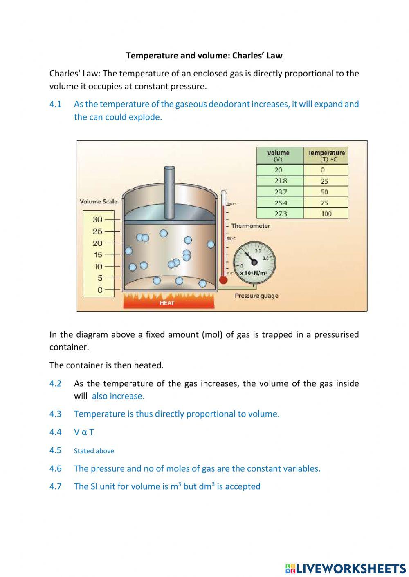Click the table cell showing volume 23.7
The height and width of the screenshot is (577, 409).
pyautogui.click(x=280, y=192)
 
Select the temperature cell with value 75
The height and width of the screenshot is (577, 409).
pyautogui.click(x=326, y=203)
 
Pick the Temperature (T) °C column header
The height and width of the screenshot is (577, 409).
pyautogui.click(x=326, y=156)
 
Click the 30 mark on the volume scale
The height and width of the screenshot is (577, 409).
pyautogui.click(x=97, y=219)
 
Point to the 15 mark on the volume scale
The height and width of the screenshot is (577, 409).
pyautogui.click(x=97, y=254)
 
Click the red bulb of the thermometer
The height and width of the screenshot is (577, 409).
pyautogui.click(x=223, y=280)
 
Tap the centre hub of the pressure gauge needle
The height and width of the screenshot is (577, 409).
pyautogui.click(x=254, y=262)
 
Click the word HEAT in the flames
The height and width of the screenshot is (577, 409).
pyautogui.click(x=167, y=303)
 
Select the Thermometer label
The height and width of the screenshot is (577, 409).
pyautogui.click(x=250, y=226)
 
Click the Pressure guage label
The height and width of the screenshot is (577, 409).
pyautogui.click(x=256, y=296)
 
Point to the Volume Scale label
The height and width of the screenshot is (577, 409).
pyautogui.click(x=98, y=201)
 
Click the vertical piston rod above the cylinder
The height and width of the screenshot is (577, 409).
pyautogui.click(x=170, y=192)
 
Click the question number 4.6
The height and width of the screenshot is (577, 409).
pyautogui.click(x=55, y=468)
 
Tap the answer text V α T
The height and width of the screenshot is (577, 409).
pyautogui.click(x=84, y=432)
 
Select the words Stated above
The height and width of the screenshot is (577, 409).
pyautogui.click(x=94, y=451)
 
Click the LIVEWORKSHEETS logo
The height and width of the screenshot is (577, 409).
pyautogui.click(x=346, y=568)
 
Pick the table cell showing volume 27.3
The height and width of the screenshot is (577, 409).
pyautogui.click(x=280, y=213)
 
